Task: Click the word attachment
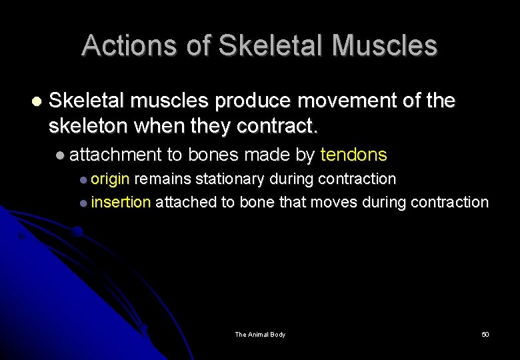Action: click(115, 155)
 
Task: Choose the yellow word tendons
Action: click(353, 155)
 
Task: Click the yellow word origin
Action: click(111, 179)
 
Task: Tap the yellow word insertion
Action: click(121, 202)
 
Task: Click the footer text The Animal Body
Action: click(260, 334)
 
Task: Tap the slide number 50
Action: click(485, 334)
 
